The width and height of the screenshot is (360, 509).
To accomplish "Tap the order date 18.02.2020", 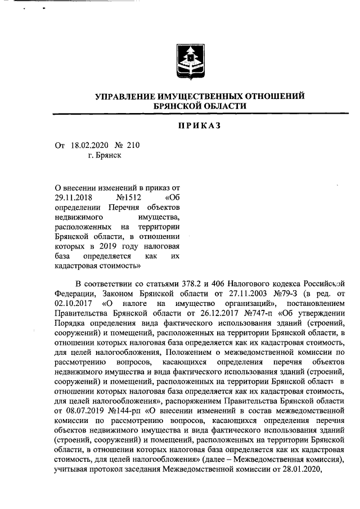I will point(89,145).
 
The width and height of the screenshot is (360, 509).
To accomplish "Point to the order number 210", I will point(133,145).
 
